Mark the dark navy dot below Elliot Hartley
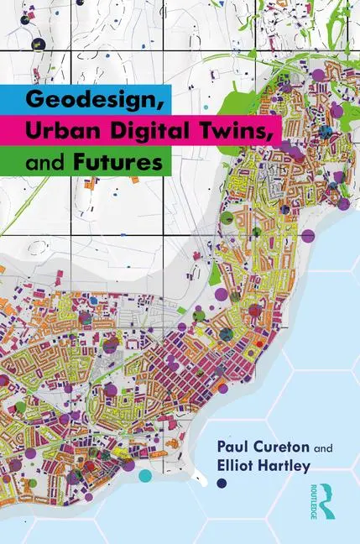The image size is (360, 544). [222, 483]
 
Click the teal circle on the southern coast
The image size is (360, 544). [146, 475]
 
